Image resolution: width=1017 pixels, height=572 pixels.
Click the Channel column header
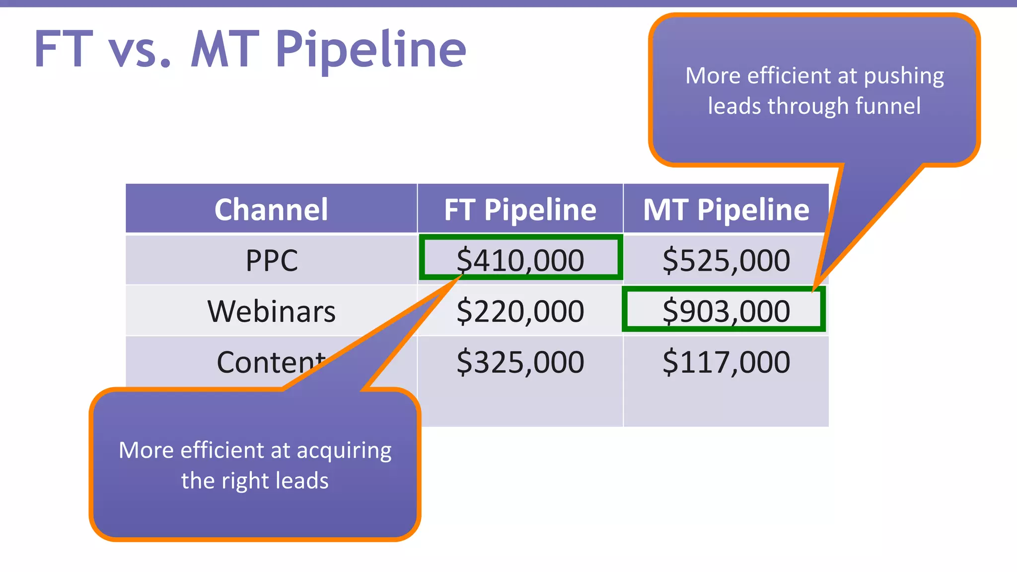271,210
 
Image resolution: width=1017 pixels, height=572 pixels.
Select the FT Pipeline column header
520,210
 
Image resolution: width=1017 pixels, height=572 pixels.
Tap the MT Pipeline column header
726,210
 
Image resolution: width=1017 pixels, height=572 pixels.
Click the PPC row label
272,260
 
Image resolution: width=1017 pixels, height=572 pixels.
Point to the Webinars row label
271,311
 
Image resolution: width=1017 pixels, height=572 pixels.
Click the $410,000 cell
520,260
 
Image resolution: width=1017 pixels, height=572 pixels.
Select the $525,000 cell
726,260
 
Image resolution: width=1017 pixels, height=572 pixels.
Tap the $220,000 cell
520,311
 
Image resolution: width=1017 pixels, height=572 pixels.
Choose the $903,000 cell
726,311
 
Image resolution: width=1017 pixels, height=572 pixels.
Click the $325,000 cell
520,362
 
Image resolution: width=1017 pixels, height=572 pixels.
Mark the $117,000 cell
726,362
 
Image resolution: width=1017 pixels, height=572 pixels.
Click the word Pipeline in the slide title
370,50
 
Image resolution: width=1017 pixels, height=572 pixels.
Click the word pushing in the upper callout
904,76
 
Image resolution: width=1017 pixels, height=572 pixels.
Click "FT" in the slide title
64,50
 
